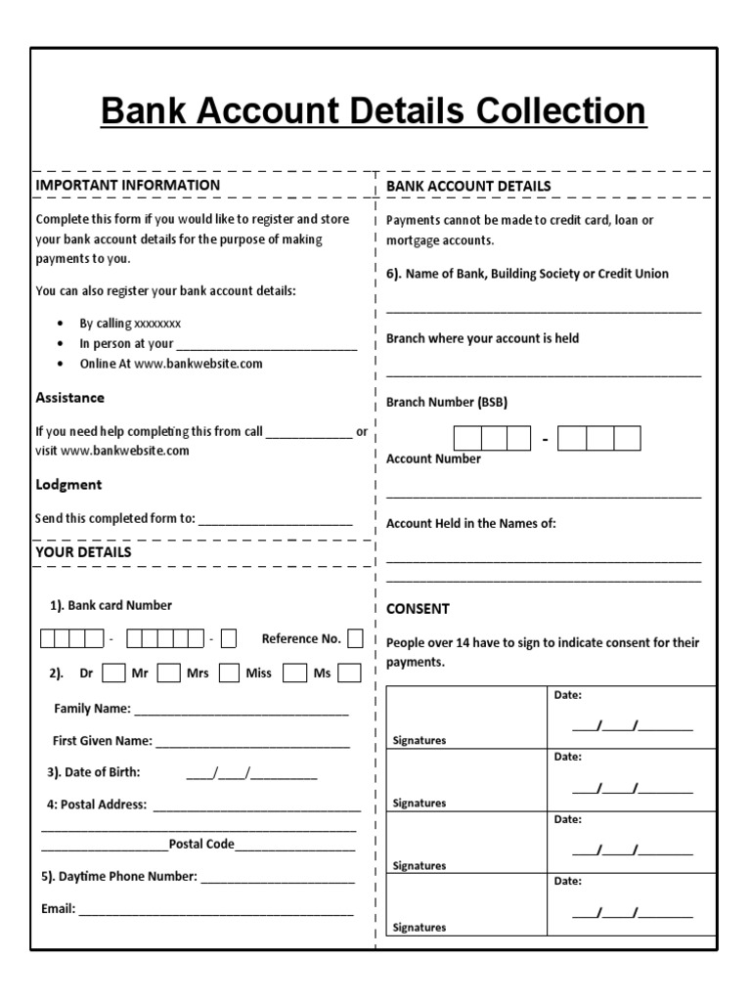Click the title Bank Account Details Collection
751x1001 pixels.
pos(374,111)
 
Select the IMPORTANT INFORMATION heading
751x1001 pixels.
pos(128,185)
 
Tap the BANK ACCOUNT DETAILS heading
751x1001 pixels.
pos(468,186)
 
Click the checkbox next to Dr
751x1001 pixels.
pos(113,673)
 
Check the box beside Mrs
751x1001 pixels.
pos(229,673)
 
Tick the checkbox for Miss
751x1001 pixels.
pos(291,673)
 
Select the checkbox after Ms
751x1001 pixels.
pos(349,673)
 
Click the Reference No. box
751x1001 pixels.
pos(355,638)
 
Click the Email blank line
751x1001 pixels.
pos(215,910)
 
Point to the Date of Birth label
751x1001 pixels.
pos(94,772)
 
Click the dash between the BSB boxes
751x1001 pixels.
pos(545,440)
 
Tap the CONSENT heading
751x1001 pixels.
pos(418,608)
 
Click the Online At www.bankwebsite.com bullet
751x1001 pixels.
pos(171,364)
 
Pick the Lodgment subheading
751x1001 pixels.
pos(68,485)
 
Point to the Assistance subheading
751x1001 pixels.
pos(70,398)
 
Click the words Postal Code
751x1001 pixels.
pos(201,844)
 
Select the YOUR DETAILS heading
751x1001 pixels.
pos(83,552)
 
